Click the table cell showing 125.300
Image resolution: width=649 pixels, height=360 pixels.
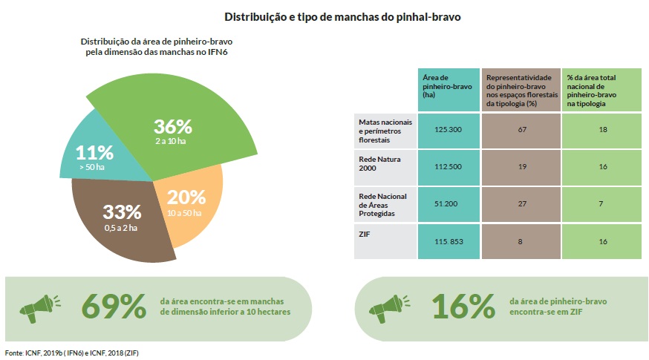coord(449,129)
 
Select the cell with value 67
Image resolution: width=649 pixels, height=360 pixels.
coord(521,129)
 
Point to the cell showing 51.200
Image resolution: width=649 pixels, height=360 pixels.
coord(449,202)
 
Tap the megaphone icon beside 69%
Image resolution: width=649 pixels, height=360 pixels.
coord(40,304)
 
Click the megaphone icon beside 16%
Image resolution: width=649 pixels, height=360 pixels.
coord(392,304)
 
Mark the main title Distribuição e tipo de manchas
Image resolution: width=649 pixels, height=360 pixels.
coord(326,16)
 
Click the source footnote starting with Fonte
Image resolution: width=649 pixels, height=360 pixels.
coord(71,353)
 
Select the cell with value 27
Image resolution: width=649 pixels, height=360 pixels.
coord(521,202)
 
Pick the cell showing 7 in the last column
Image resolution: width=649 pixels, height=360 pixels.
coord(601,202)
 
